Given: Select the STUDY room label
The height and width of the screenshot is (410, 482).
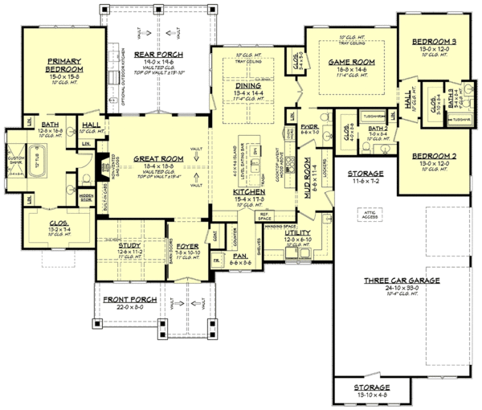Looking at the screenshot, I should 118,247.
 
